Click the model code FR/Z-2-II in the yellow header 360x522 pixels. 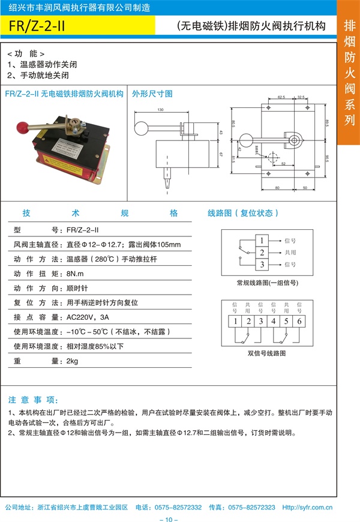click(x=41, y=27)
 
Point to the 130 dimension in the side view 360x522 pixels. click(x=161, y=110)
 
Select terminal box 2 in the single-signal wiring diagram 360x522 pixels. click(x=261, y=253)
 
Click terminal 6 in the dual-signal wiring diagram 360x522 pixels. click(x=299, y=322)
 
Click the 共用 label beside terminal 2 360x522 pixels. click(x=290, y=253)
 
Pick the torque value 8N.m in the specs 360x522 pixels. click(x=76, y=274)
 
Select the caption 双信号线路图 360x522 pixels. click(x=266, y=353)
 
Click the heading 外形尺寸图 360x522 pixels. click(x=152, y=94)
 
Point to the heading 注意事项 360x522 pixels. click(x=34, y=400)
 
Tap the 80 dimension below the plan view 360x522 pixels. click(x=277, y=188)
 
